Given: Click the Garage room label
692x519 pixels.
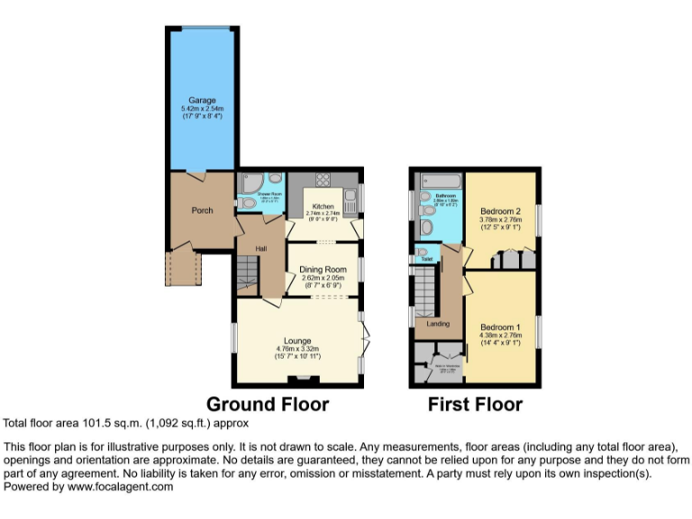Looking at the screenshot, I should pos(201,100).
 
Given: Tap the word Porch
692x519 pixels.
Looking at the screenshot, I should pos(202,211).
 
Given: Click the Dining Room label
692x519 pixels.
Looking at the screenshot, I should pos(323,269).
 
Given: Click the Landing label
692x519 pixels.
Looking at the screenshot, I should pos(438,323).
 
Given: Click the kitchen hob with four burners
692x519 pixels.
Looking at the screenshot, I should pos(322,178).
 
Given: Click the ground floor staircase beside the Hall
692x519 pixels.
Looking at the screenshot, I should pos(247,270).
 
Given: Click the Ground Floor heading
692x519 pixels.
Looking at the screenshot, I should pos(268,405).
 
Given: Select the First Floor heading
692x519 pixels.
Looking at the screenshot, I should pos(475,405).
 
